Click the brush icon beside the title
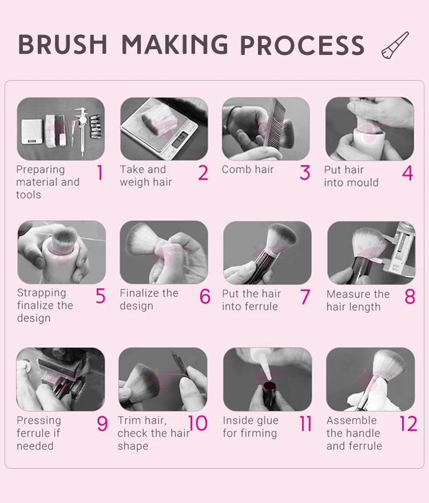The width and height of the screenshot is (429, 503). [x=395, y=45]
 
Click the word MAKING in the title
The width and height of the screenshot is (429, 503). [x=174, y=44]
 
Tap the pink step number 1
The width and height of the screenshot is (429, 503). [x=100, y=173]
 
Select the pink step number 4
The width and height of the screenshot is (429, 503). [x=407, y=173]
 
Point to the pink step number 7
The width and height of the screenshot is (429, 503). [x=305, y=296]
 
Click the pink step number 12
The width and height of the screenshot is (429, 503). [x=408, y=423]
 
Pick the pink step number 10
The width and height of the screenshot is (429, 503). [x=198, y=423]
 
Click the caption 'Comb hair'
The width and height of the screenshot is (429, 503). [x=248, y=169]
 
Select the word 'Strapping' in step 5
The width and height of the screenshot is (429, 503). [x=42, y=293]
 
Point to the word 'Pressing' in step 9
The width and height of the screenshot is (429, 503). [x=39, y=421]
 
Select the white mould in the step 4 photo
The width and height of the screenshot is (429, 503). [x=370, y=141]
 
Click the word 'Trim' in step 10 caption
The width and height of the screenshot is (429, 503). [x=129, y=420]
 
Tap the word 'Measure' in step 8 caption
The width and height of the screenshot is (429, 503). [x=348, y=294]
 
